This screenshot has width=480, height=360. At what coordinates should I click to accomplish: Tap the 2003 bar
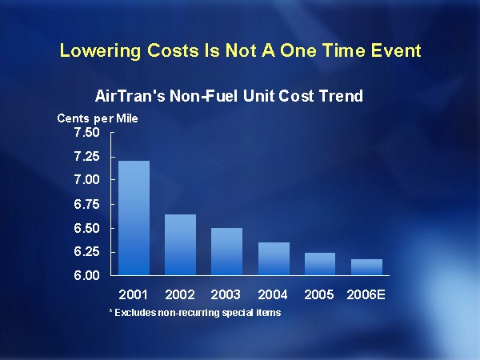(x=226, y=251)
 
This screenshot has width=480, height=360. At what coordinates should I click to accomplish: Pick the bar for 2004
(x=274, y=258)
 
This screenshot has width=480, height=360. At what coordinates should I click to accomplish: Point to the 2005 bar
(x=320, y=264)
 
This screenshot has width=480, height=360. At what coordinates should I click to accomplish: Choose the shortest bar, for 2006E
(x=366, y=267)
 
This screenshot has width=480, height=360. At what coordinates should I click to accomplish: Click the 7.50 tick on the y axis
(x=88, y=132)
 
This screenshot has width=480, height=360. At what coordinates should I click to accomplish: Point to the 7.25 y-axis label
(x=88, y=156)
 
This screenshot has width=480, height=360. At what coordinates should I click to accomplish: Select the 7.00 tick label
(x=88, y=180)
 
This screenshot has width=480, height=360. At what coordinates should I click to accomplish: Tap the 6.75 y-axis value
(x=88, y=204)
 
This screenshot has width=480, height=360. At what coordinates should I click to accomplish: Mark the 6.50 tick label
(x=88, y=228)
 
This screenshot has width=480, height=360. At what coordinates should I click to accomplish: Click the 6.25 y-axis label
(x=88, y=252)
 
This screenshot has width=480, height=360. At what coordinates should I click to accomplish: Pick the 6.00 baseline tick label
(x=88, y=276)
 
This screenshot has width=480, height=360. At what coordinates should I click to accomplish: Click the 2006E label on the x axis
(x=366, y=294)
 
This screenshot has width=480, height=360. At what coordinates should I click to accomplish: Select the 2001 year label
(x=134, y=294)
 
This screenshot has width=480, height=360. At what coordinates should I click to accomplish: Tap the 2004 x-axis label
(x=274, y=294)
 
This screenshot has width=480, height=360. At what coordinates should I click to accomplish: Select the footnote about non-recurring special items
(x=194, y=312)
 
